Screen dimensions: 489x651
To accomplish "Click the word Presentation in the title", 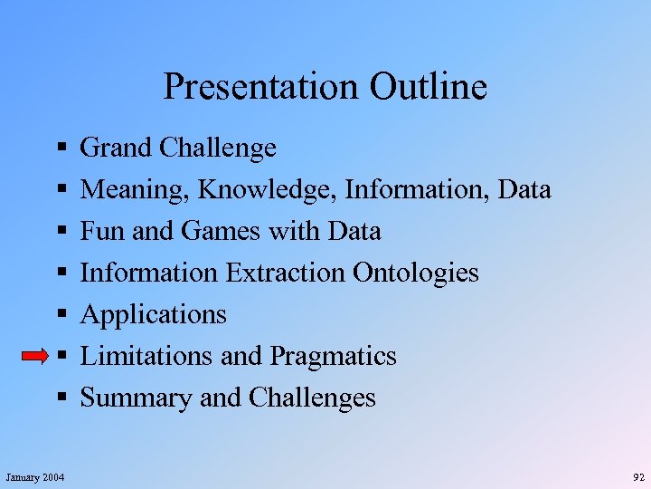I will (x=261, y=87).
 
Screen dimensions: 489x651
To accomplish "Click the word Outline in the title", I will (x=428, y=87).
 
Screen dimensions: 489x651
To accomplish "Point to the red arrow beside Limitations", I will (x=35, y=357).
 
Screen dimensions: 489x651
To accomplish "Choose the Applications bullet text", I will (x=154, y=315).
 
